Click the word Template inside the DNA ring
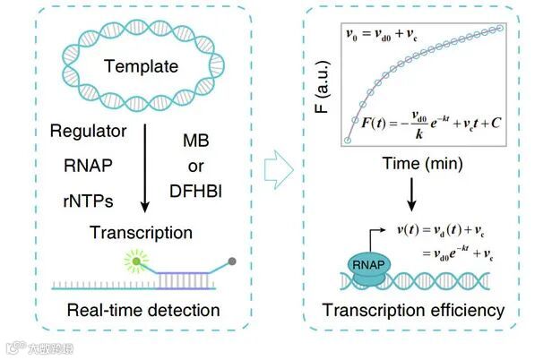pyautogui.click(x=141, y=66)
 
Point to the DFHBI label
pyautogui.click(x=202, y=190)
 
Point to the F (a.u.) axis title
pyautogui.click(x=322, y=84)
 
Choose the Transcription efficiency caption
pyautogui.click(x=415, y=311)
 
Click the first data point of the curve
pyautogui.click(x=348, y=141)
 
